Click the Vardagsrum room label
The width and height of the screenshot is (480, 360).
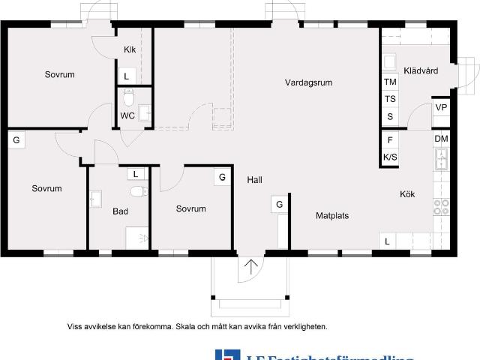308,82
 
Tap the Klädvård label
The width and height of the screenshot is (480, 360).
421,71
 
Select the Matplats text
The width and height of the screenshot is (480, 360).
331,215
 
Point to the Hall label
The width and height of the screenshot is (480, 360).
254,179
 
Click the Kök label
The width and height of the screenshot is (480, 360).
407,194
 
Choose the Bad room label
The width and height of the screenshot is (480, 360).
121,211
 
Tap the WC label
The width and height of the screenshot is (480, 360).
127,116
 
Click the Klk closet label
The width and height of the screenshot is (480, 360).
130,51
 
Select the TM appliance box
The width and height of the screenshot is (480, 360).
390,82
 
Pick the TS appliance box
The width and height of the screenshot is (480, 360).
390,99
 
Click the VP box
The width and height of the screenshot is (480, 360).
441,108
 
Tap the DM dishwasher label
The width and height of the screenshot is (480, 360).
441,139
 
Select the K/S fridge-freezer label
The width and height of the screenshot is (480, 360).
390,157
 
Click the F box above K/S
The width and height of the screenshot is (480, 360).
390,140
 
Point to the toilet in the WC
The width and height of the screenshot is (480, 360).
128,97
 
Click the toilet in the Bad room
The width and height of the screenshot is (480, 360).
136,191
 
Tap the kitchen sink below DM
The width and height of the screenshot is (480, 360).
441,158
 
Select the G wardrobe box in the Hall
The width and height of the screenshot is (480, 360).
279,204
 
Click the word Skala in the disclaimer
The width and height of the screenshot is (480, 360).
189,326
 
